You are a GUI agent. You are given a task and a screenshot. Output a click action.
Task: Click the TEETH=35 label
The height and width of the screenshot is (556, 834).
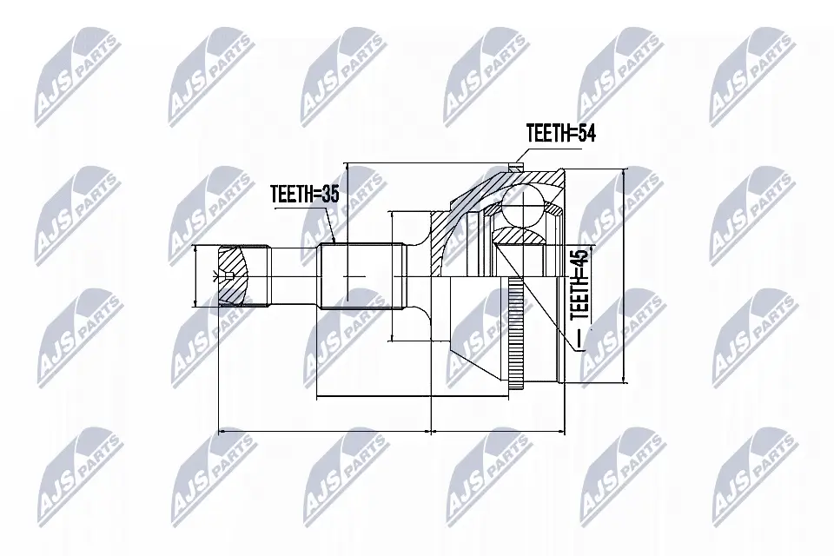[304, 195]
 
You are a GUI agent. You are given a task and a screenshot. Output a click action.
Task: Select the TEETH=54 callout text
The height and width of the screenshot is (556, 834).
[560, 133]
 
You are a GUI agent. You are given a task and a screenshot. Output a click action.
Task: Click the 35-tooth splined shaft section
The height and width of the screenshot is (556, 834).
[361, 276]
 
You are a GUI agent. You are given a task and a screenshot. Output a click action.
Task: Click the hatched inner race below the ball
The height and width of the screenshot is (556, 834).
[519, 235]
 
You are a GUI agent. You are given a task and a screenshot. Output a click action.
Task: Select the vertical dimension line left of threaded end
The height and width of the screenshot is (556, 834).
[196, 275]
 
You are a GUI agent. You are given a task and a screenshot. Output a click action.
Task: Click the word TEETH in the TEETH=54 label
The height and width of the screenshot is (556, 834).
[547, 133]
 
